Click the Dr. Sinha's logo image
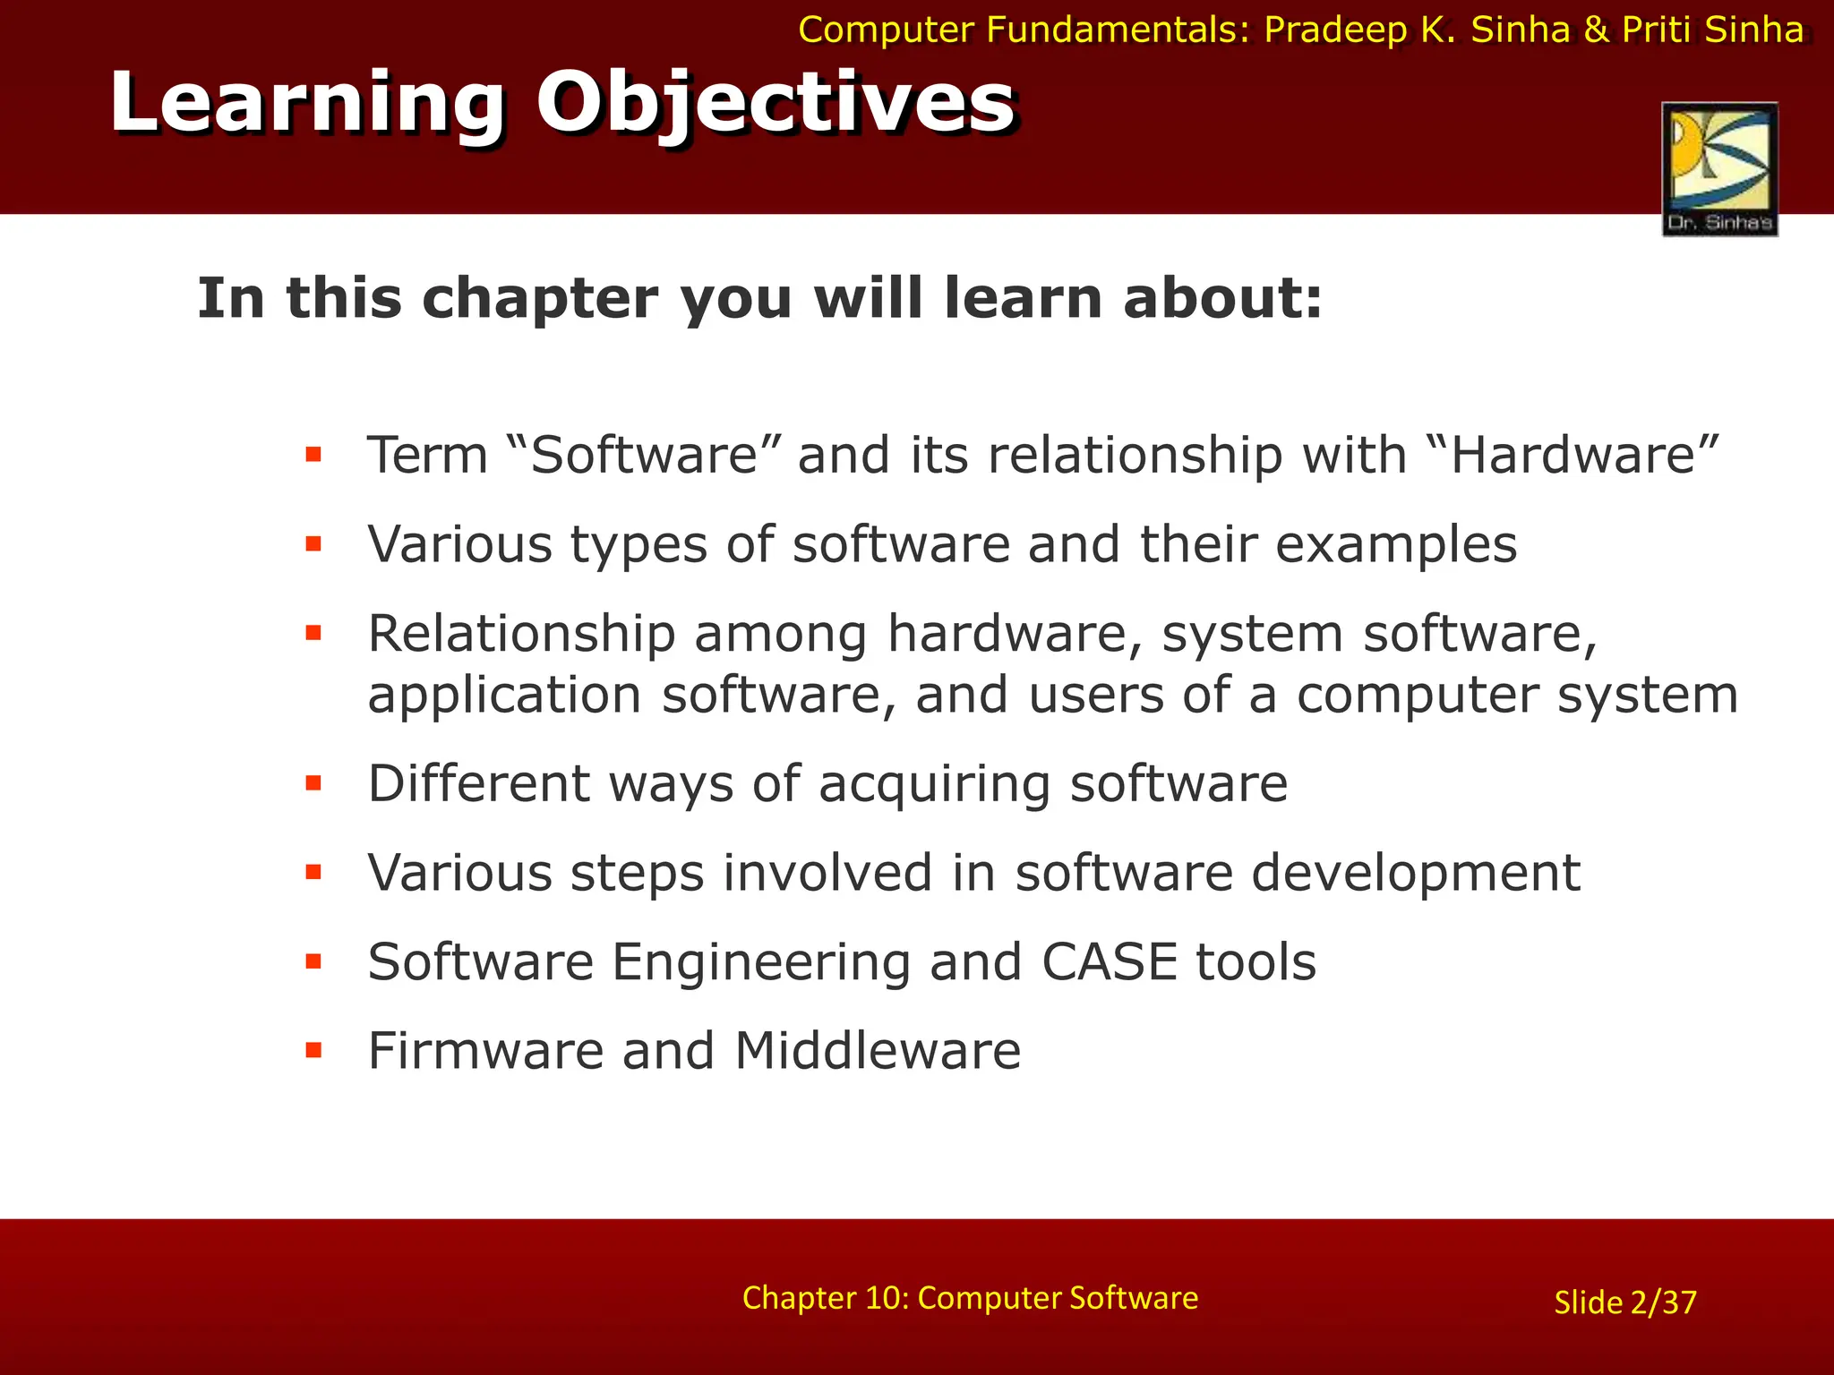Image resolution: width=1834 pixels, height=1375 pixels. pyautogui.click(x=1719, y=168)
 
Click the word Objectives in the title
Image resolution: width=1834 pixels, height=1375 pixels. pyautogui.click(x=776, y=103)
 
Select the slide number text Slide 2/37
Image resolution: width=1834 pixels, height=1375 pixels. pyautogui.click(x=1624, y=1302)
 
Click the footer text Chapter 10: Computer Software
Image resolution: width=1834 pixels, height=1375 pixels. pyautogui.click(x=970, y=1297)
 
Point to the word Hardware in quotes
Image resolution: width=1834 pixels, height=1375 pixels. pyautogui.click(x=1573, y=455)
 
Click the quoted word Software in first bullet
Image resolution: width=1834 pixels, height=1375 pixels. pyautogui.click(x=644, y=455)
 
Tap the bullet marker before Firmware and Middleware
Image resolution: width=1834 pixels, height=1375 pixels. pyautogui.click(x=313, y=1050)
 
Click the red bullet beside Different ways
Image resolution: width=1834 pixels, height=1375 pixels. pyautogui.click(x=313, y=784)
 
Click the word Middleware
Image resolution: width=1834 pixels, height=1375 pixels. pyautogui.click(x=878, y=1051)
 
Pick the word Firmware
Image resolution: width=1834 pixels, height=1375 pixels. pyautogui.click(x=485, y=1051)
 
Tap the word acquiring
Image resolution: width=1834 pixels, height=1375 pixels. pyautogui.click(x=934, y=786)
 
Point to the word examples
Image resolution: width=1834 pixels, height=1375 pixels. pyautogui.click(x=1396, y=546)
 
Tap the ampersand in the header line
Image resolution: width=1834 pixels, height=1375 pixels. pyautogui.click(x=1597, y=30)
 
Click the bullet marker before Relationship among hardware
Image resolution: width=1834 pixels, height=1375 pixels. pyautogui.click(x=313, y=634)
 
